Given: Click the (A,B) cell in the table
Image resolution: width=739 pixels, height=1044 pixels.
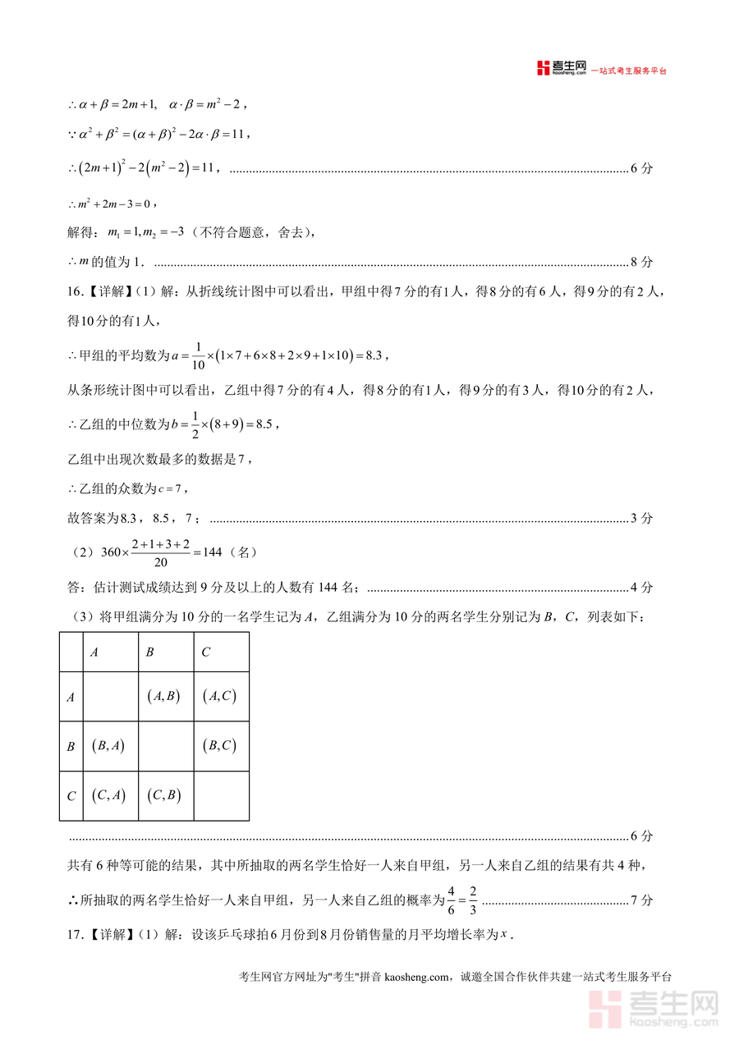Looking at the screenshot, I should pyautogui.click(x=165, y=696).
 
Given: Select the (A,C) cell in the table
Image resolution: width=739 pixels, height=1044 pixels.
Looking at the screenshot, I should pyautogui.click(x=219, y=696).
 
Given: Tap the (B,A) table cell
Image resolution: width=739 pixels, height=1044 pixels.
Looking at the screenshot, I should pyautogui.click(x=109, y=745).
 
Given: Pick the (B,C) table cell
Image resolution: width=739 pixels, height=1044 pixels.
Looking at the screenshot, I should pyautogui.click(x=219, y=745).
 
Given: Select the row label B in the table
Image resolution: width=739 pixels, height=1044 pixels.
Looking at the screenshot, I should pyautogui.click(x=71, y=747).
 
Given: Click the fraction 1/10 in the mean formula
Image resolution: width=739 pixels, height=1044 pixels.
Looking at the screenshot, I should pyautogui.click(x=198, y=355).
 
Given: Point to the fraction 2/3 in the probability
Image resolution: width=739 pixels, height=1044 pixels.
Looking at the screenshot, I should pyautogui.click(x=473, y=900).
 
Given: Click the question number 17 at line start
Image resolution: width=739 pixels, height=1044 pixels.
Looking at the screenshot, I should pyautogui.click(x=75, y=934).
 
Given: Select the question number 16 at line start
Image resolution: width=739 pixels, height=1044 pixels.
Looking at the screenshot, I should pyautogui.click(x=75, y=291).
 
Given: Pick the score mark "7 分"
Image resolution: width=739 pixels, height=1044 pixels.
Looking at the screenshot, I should pyautogui.click(x=641, y=900).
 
